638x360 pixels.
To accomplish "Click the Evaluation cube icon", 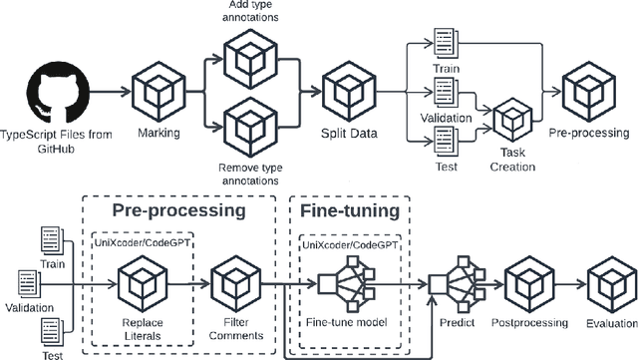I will tap(610, 282).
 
